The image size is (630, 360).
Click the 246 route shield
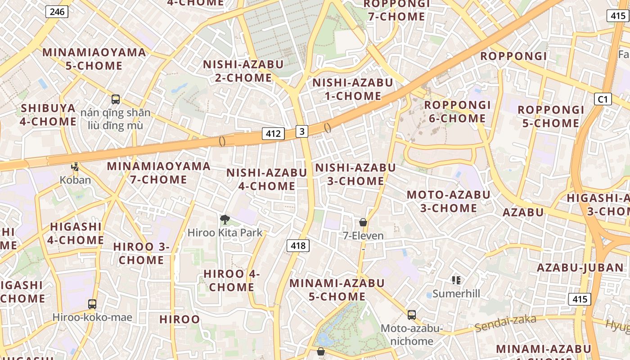tap(57, 12)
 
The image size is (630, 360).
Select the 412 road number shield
tap(273, 133)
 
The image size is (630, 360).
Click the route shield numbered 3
tap(302, 131)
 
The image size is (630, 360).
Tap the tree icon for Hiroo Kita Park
tap(225, 220)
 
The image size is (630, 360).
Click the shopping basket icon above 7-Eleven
tap(363, 222)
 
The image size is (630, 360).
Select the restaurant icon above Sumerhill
tap(456, 280)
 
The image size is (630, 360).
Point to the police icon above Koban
tap(75, 167)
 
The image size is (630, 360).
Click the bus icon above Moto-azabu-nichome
tap(411, 315)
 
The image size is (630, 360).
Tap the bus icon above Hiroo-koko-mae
tap(92, 304)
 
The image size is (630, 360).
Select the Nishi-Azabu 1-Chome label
tap(352, 89)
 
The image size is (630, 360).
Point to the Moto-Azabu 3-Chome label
tap(448, 201)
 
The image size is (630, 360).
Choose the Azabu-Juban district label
tap(580, 268)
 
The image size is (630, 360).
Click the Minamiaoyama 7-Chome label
tap(158, 173)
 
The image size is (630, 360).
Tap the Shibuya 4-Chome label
tap(48, 115)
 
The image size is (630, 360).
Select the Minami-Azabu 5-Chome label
tap(337, 290)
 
